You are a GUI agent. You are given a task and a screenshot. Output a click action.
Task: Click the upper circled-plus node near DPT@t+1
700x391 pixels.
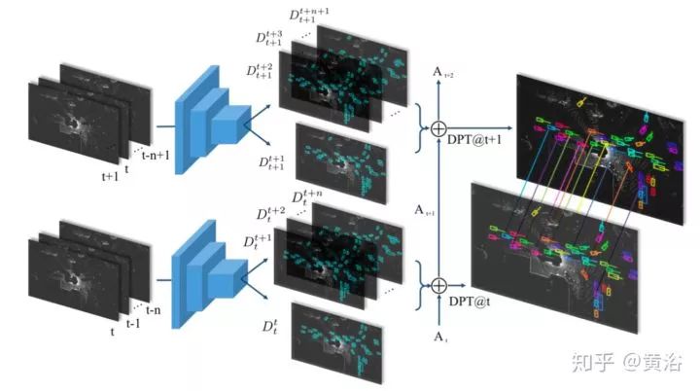tap(438, 127)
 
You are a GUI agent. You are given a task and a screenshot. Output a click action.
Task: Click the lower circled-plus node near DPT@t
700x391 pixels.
tap(438, 285)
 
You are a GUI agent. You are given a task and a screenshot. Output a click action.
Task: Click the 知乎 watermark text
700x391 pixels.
tap(592, 364)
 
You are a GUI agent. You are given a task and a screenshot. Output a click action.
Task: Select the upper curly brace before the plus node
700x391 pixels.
tap(420, 127)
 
